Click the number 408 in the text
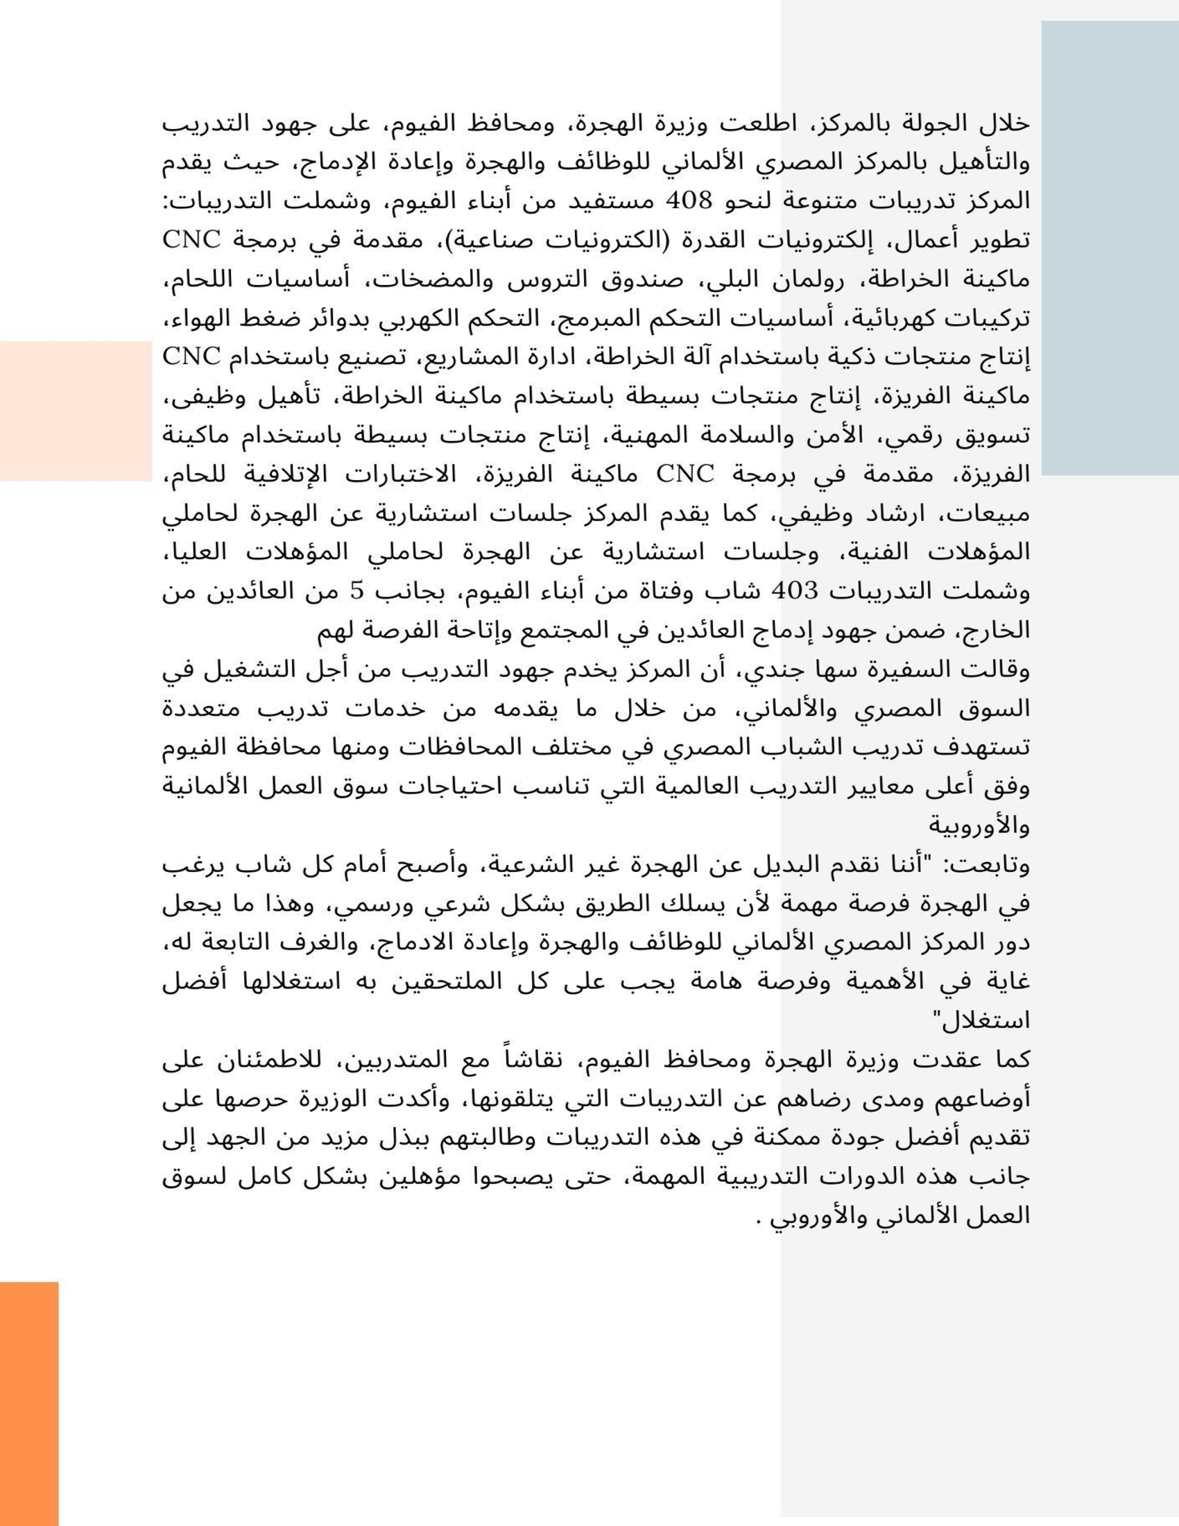[x=689, y=201]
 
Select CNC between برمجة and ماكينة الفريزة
[x=685, y=475]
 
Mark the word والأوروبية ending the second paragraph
[x=979, y=827]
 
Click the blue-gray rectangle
[x=1109, y=248]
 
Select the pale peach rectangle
[x=76, y=411]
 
